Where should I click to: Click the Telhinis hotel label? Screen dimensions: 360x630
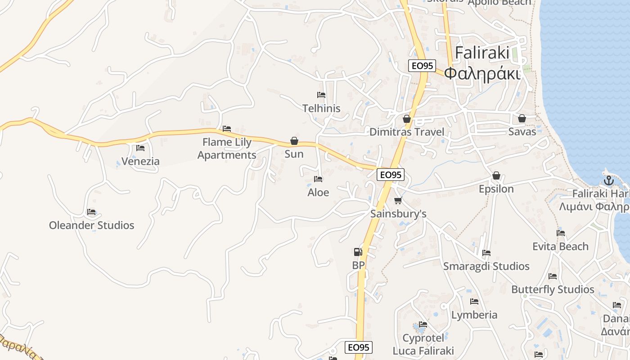point(321,108)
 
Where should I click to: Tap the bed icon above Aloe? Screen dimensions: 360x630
point(318,179)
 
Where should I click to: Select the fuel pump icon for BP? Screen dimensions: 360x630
point(358,252)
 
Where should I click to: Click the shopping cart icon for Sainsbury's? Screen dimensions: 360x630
point(398,200)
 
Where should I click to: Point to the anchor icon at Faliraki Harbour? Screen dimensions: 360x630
point(608,180)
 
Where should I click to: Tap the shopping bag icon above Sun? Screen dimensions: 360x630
point(294,141)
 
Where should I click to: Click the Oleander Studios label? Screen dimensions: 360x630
point(91,225)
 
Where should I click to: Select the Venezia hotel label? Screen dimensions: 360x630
point(140,161)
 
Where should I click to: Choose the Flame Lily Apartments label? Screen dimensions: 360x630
point(227,148)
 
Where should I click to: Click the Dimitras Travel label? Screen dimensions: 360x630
point(406,132)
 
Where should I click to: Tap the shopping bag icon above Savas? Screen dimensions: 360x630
point(522,118)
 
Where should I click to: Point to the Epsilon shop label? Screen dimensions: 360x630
point(496,189)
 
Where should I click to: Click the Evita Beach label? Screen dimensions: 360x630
point(560,246)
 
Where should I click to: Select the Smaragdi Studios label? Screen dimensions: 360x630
point(486,266)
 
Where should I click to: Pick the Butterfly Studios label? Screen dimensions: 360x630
point(553,289)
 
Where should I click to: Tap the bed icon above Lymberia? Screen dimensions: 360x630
point(474,301)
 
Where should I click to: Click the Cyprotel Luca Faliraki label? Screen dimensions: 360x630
point(423,344)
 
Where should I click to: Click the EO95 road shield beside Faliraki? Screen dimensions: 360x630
point(422,66)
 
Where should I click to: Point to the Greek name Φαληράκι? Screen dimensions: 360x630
point(482,73)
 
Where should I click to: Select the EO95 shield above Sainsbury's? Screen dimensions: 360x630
point(390,175)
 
